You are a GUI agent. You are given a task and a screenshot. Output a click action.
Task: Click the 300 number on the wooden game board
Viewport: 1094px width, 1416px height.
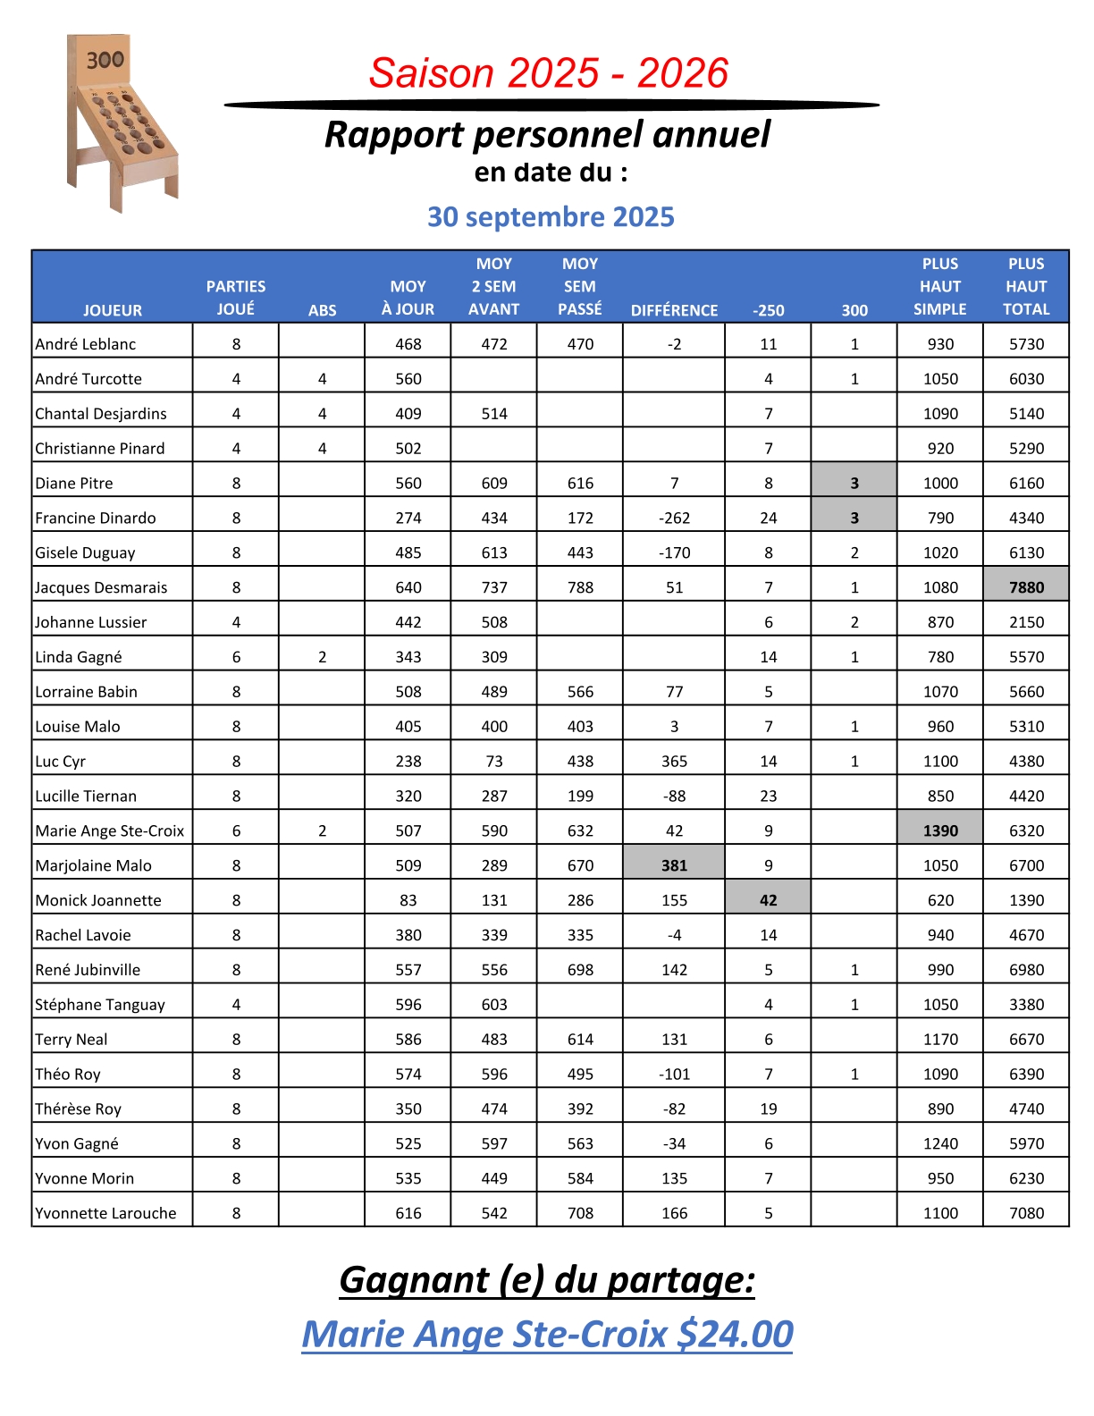[105, 60]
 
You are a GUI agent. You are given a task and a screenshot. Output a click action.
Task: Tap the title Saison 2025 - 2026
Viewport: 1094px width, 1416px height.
[549, 73]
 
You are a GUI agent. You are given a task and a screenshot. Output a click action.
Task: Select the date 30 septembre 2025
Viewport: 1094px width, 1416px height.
[551, 216]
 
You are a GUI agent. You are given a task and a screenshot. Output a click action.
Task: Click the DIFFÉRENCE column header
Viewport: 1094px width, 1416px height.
[674, 310]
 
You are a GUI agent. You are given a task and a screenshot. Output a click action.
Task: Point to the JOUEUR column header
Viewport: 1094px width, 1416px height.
[113, 310]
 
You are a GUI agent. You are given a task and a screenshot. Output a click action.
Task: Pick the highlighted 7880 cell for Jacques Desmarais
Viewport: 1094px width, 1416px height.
[1026, 587]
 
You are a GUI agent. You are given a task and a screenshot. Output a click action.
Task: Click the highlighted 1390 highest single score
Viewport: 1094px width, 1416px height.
[940, 830]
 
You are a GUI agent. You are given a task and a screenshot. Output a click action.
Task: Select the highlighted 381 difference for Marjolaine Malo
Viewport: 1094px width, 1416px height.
[674, 865]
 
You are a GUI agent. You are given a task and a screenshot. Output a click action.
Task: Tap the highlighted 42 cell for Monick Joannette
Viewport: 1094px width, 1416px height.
[768, 900]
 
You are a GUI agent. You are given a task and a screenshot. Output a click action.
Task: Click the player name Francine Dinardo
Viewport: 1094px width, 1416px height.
[96, 518]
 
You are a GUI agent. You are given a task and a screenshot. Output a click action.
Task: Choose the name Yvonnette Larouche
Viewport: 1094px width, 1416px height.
[105, 1213]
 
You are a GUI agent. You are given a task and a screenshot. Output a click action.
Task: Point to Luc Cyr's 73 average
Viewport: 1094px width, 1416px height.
[494, 761]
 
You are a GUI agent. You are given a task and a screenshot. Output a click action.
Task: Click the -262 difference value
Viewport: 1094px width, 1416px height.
[674, 518]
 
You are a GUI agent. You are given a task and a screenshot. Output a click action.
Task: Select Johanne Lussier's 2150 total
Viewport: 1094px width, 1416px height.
[1026, 622]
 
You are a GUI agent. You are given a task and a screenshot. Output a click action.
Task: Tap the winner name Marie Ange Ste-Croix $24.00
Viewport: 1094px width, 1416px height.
[547, 1334]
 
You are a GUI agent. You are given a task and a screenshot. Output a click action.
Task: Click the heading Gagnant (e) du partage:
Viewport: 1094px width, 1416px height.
[547, 1279]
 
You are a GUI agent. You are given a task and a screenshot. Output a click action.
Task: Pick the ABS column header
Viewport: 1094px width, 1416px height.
[322, 310]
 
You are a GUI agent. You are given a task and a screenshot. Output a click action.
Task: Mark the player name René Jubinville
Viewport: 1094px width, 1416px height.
[88, 970]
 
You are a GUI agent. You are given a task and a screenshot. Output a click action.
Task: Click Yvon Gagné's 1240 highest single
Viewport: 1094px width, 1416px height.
[940, 1143]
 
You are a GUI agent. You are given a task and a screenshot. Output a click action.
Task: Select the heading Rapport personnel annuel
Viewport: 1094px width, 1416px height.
[547, 135]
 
